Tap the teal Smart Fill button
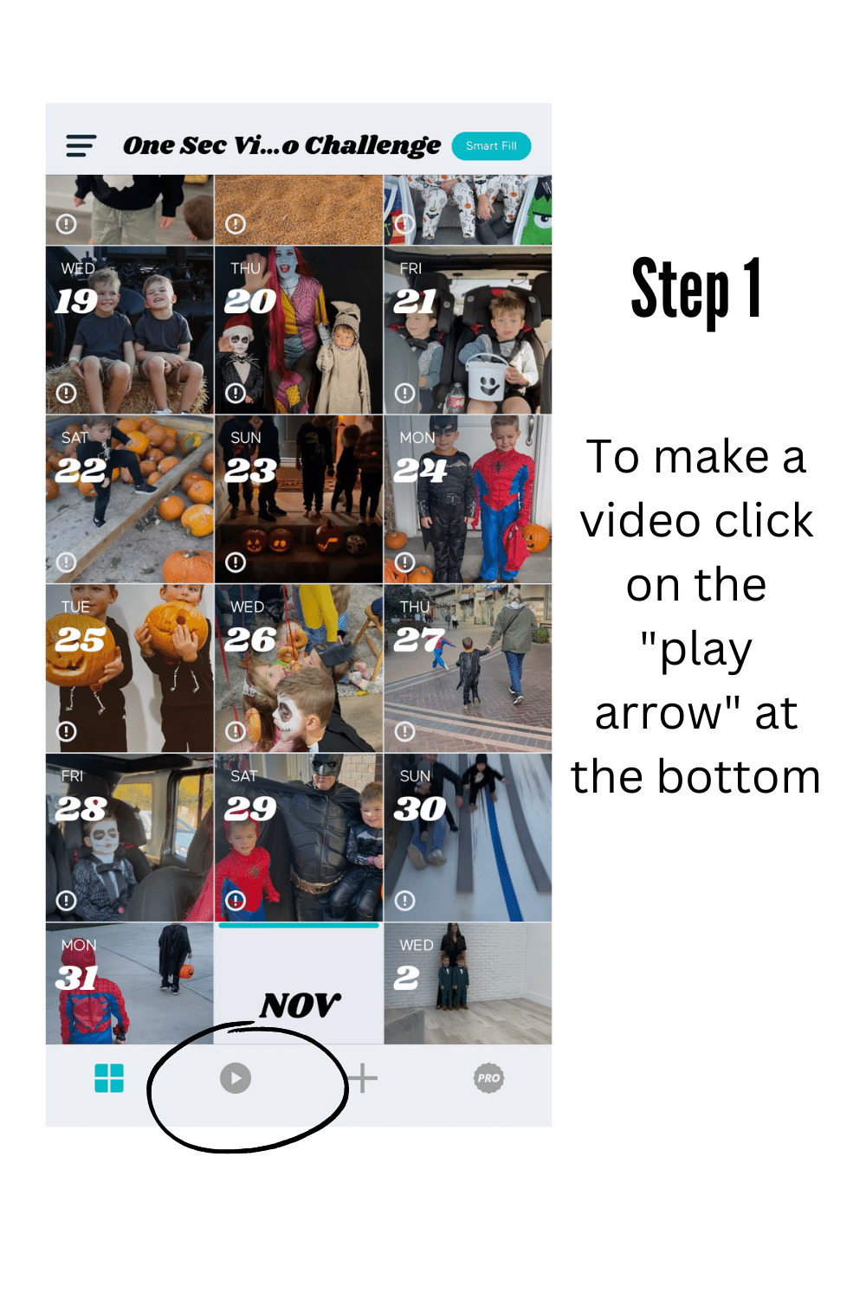[x=491, y=145]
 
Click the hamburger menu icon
[x=81, y=145]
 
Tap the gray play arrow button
[x=235, y=1078]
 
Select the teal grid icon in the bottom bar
[x=109, y=1078]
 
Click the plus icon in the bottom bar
[x=363, y=1078]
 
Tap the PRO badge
[x=488, y=1078]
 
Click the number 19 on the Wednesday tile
[x=76, y=301]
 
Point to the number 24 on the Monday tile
[x=420, y=470]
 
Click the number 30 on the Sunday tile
[x=420, y=808]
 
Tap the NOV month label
[x=300, y=1005]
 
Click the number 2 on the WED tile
[x=406, y=978]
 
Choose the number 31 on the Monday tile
[x=76, y=978]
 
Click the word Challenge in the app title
[x=373, y=146]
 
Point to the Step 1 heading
[x=695, y=290]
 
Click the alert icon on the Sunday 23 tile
[x=235, y=562]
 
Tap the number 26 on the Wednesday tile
[x=250, y=639]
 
